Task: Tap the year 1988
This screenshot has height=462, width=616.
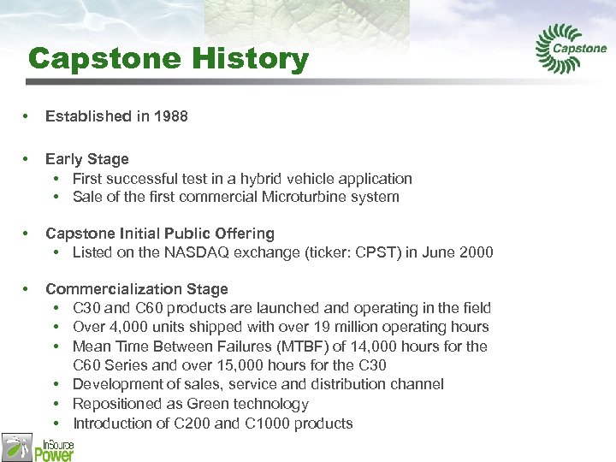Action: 170,115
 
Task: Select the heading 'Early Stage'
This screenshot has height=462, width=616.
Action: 86,159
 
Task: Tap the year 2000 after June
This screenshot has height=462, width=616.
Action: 476,252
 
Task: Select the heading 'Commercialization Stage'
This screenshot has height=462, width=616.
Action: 136,289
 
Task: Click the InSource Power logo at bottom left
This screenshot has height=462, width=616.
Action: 38,446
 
